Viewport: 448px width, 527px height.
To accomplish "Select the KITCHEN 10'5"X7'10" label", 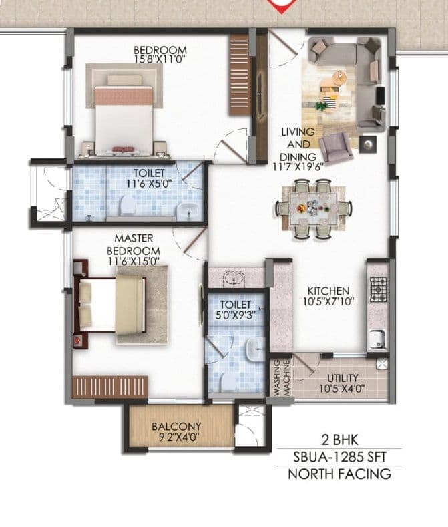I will click(x=327, y=296).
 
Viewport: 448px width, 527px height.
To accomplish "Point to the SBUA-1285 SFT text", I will click(x=339, y=457).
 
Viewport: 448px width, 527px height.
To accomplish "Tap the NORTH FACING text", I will click(x=339, y=474).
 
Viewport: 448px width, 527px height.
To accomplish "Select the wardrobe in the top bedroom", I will click(x=239, y=73).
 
